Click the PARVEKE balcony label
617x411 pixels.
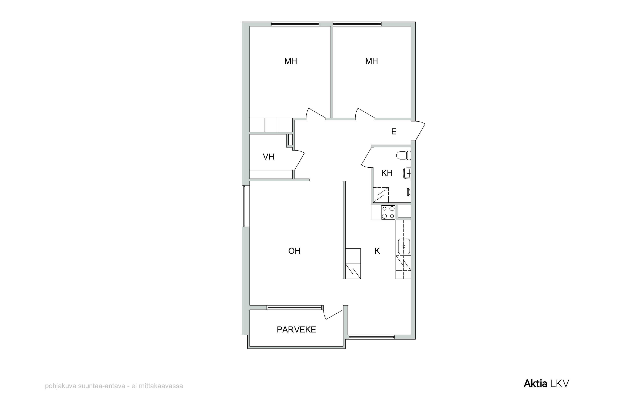[x=296, y=329]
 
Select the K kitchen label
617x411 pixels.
[x=377, y=251]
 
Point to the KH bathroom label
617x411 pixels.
[x=387, y=173]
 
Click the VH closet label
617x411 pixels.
[x=268, y=157]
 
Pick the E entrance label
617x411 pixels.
[x=394, y=132]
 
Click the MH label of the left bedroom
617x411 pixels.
[x=291, y=61]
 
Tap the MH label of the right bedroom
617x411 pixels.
[x=372, y=61]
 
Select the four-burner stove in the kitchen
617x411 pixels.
[x=388, y=212]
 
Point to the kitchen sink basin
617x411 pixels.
[x=404, y=246]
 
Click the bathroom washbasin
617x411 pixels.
[x=407, y=173]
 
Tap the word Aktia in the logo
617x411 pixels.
[x=535, y=383]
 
